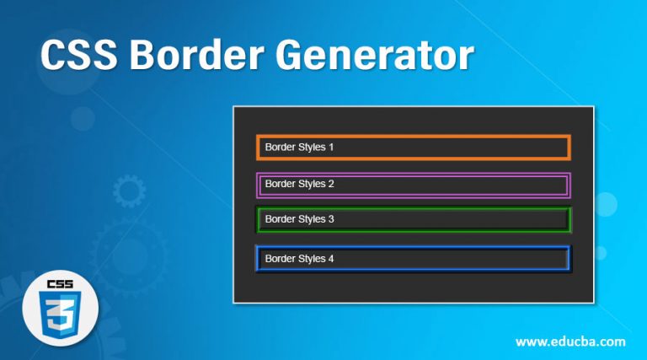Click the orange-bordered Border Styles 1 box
pyautogui.click(x=414, y=147)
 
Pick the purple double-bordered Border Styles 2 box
pyautogui.click(x=414, y=184)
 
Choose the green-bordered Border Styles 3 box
pyautogui.click(x=414, y=219)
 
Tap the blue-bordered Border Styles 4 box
pyautogui.click(x=414, y=258)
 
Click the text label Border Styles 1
pyautogui.click(x=299, y=147)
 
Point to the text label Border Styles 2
pyautogui.click(x=299, y=183)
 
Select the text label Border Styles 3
pyautogui.click(x=299, y=219)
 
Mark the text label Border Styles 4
pyautogui.click(x=299, y=258)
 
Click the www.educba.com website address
pyautogui.click(x=569, y=341)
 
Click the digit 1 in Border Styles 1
pyautogui.click(x=331, y=147)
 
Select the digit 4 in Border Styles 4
pyautogui.click(x=331, y=258)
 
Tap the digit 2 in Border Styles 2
pyautogui.click(x=331, y=183)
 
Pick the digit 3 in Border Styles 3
pyautogui.click(x=331, y=219)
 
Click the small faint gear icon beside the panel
pyautogui.click(x=129, y=192)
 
